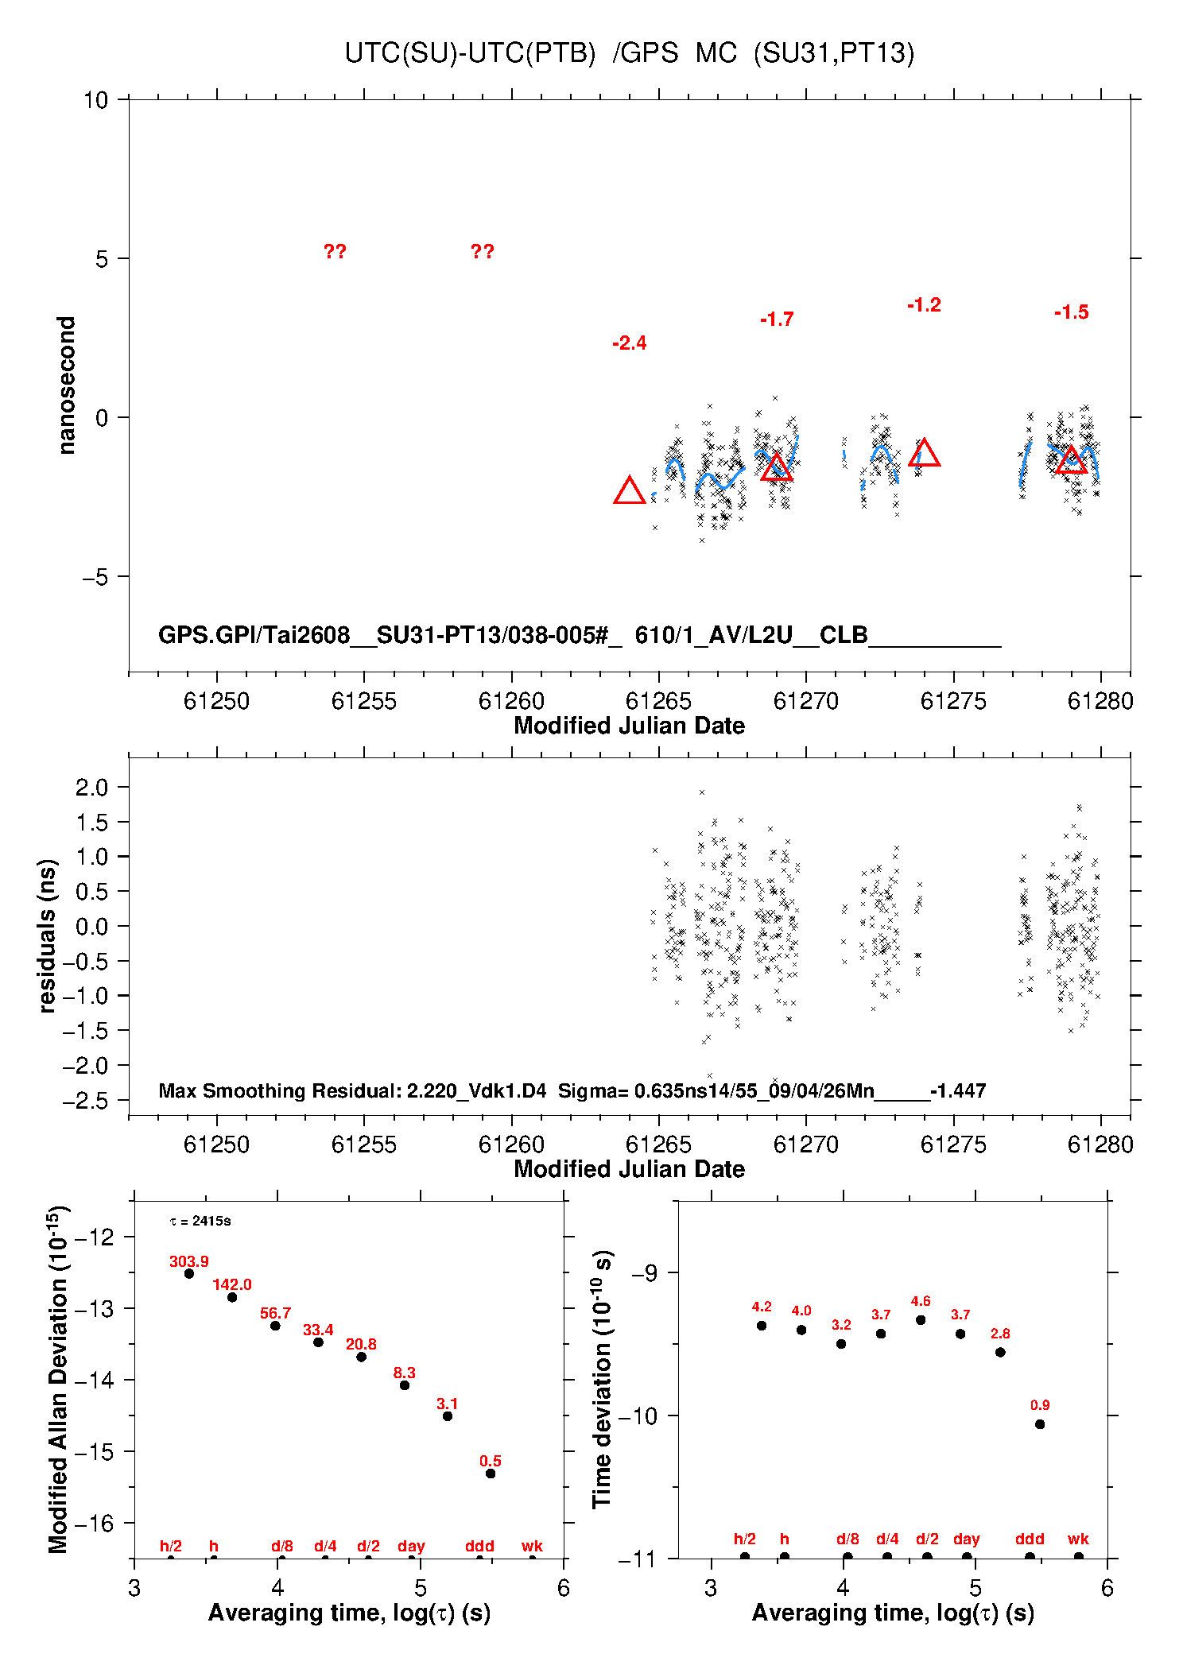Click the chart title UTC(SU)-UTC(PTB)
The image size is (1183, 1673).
coord(470,53)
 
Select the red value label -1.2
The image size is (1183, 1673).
coord(924,305)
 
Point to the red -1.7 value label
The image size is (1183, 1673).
coord(777,319)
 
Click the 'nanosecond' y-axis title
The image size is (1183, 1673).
coord(66,385)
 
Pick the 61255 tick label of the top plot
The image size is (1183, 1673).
coord(363,701)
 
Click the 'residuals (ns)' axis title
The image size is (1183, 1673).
coord(48,935)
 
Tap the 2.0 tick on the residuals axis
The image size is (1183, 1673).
coord(91,788)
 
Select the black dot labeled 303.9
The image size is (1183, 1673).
coord(189,1273)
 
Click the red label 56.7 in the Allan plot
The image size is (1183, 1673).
coord(275,1313)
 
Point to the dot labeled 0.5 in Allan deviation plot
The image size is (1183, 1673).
coord(491,1474)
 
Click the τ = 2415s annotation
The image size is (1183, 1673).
coord(200,1221)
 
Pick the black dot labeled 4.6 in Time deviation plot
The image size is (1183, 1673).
coord(921,1319)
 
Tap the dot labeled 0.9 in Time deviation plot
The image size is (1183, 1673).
coord(1040,1424)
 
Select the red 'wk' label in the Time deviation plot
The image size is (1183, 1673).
coord(1078,1539)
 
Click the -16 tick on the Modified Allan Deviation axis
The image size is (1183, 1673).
coord(94,1523)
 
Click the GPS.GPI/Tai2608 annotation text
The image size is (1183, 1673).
coord(254,635)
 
